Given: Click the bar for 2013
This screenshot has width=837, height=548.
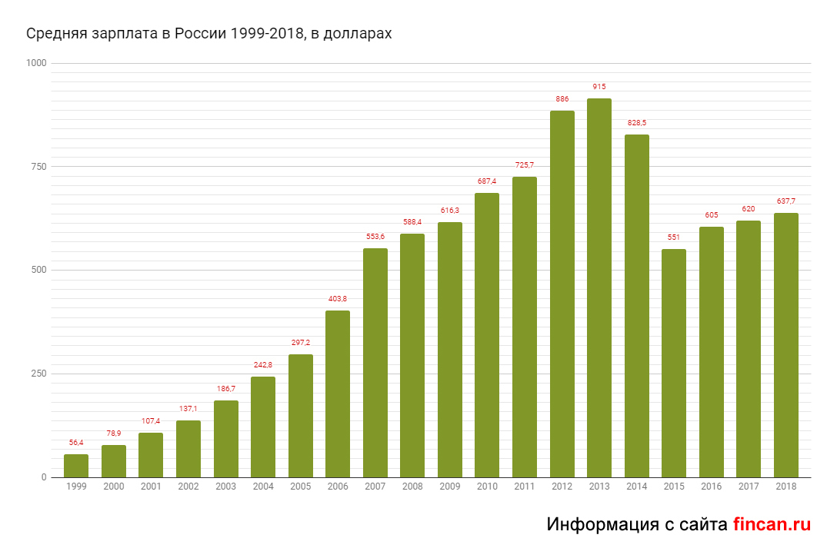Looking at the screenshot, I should tap(599, 288).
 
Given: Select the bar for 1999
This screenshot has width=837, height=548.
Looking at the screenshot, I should tap(76, 466).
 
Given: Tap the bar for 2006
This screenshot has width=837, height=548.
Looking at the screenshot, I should tap(338, 394).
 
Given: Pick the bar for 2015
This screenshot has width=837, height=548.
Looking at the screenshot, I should tap(674, 363).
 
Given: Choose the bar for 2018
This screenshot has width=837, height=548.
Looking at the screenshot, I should tap(786, 345).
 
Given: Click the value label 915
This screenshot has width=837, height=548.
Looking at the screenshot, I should tap(599, 87).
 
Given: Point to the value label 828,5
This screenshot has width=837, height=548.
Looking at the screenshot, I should tap(637, 123).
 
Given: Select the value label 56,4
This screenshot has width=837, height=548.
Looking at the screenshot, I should tap(76, 443).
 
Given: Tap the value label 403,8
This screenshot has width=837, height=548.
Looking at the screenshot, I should tap(338, 299).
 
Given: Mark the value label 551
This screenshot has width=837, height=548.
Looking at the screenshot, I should tap(674, 237).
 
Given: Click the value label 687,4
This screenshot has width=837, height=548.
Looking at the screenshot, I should tap(487, 181).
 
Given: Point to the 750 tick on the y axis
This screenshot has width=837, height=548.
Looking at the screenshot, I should tap(38, 167).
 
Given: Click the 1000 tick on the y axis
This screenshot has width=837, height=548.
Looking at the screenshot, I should tap(36, 63).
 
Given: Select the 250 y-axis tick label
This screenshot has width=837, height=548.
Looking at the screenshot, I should tap(38, 374).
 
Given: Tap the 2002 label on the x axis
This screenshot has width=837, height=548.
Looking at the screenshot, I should tap(188, 487).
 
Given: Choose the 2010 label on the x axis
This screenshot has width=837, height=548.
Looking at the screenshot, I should tap(487, 487).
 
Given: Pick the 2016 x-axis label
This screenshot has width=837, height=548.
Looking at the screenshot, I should tap(712, 487).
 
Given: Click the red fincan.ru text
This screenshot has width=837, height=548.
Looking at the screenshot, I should tap(772, 524).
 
